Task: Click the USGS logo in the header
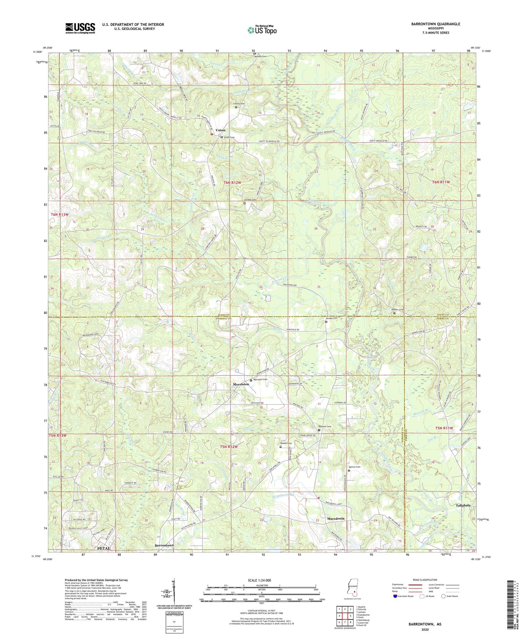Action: point(80,28)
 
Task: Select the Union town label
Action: point(220,130)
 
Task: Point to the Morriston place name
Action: point(241,385)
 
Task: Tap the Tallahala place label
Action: point(463,506)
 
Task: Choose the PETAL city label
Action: point(103,548)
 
